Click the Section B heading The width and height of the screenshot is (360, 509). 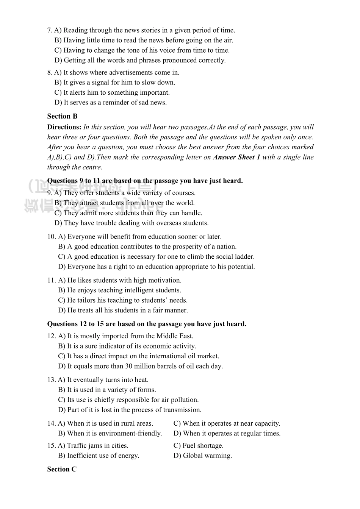click(x=62, y=116)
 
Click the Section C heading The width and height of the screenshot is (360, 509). click(x=62, y=469)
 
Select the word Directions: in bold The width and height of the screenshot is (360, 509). click(x=64, y=127)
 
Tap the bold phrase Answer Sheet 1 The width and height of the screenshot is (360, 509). click(x=236, y=157)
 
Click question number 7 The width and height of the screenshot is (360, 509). click(x=50, y=30)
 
